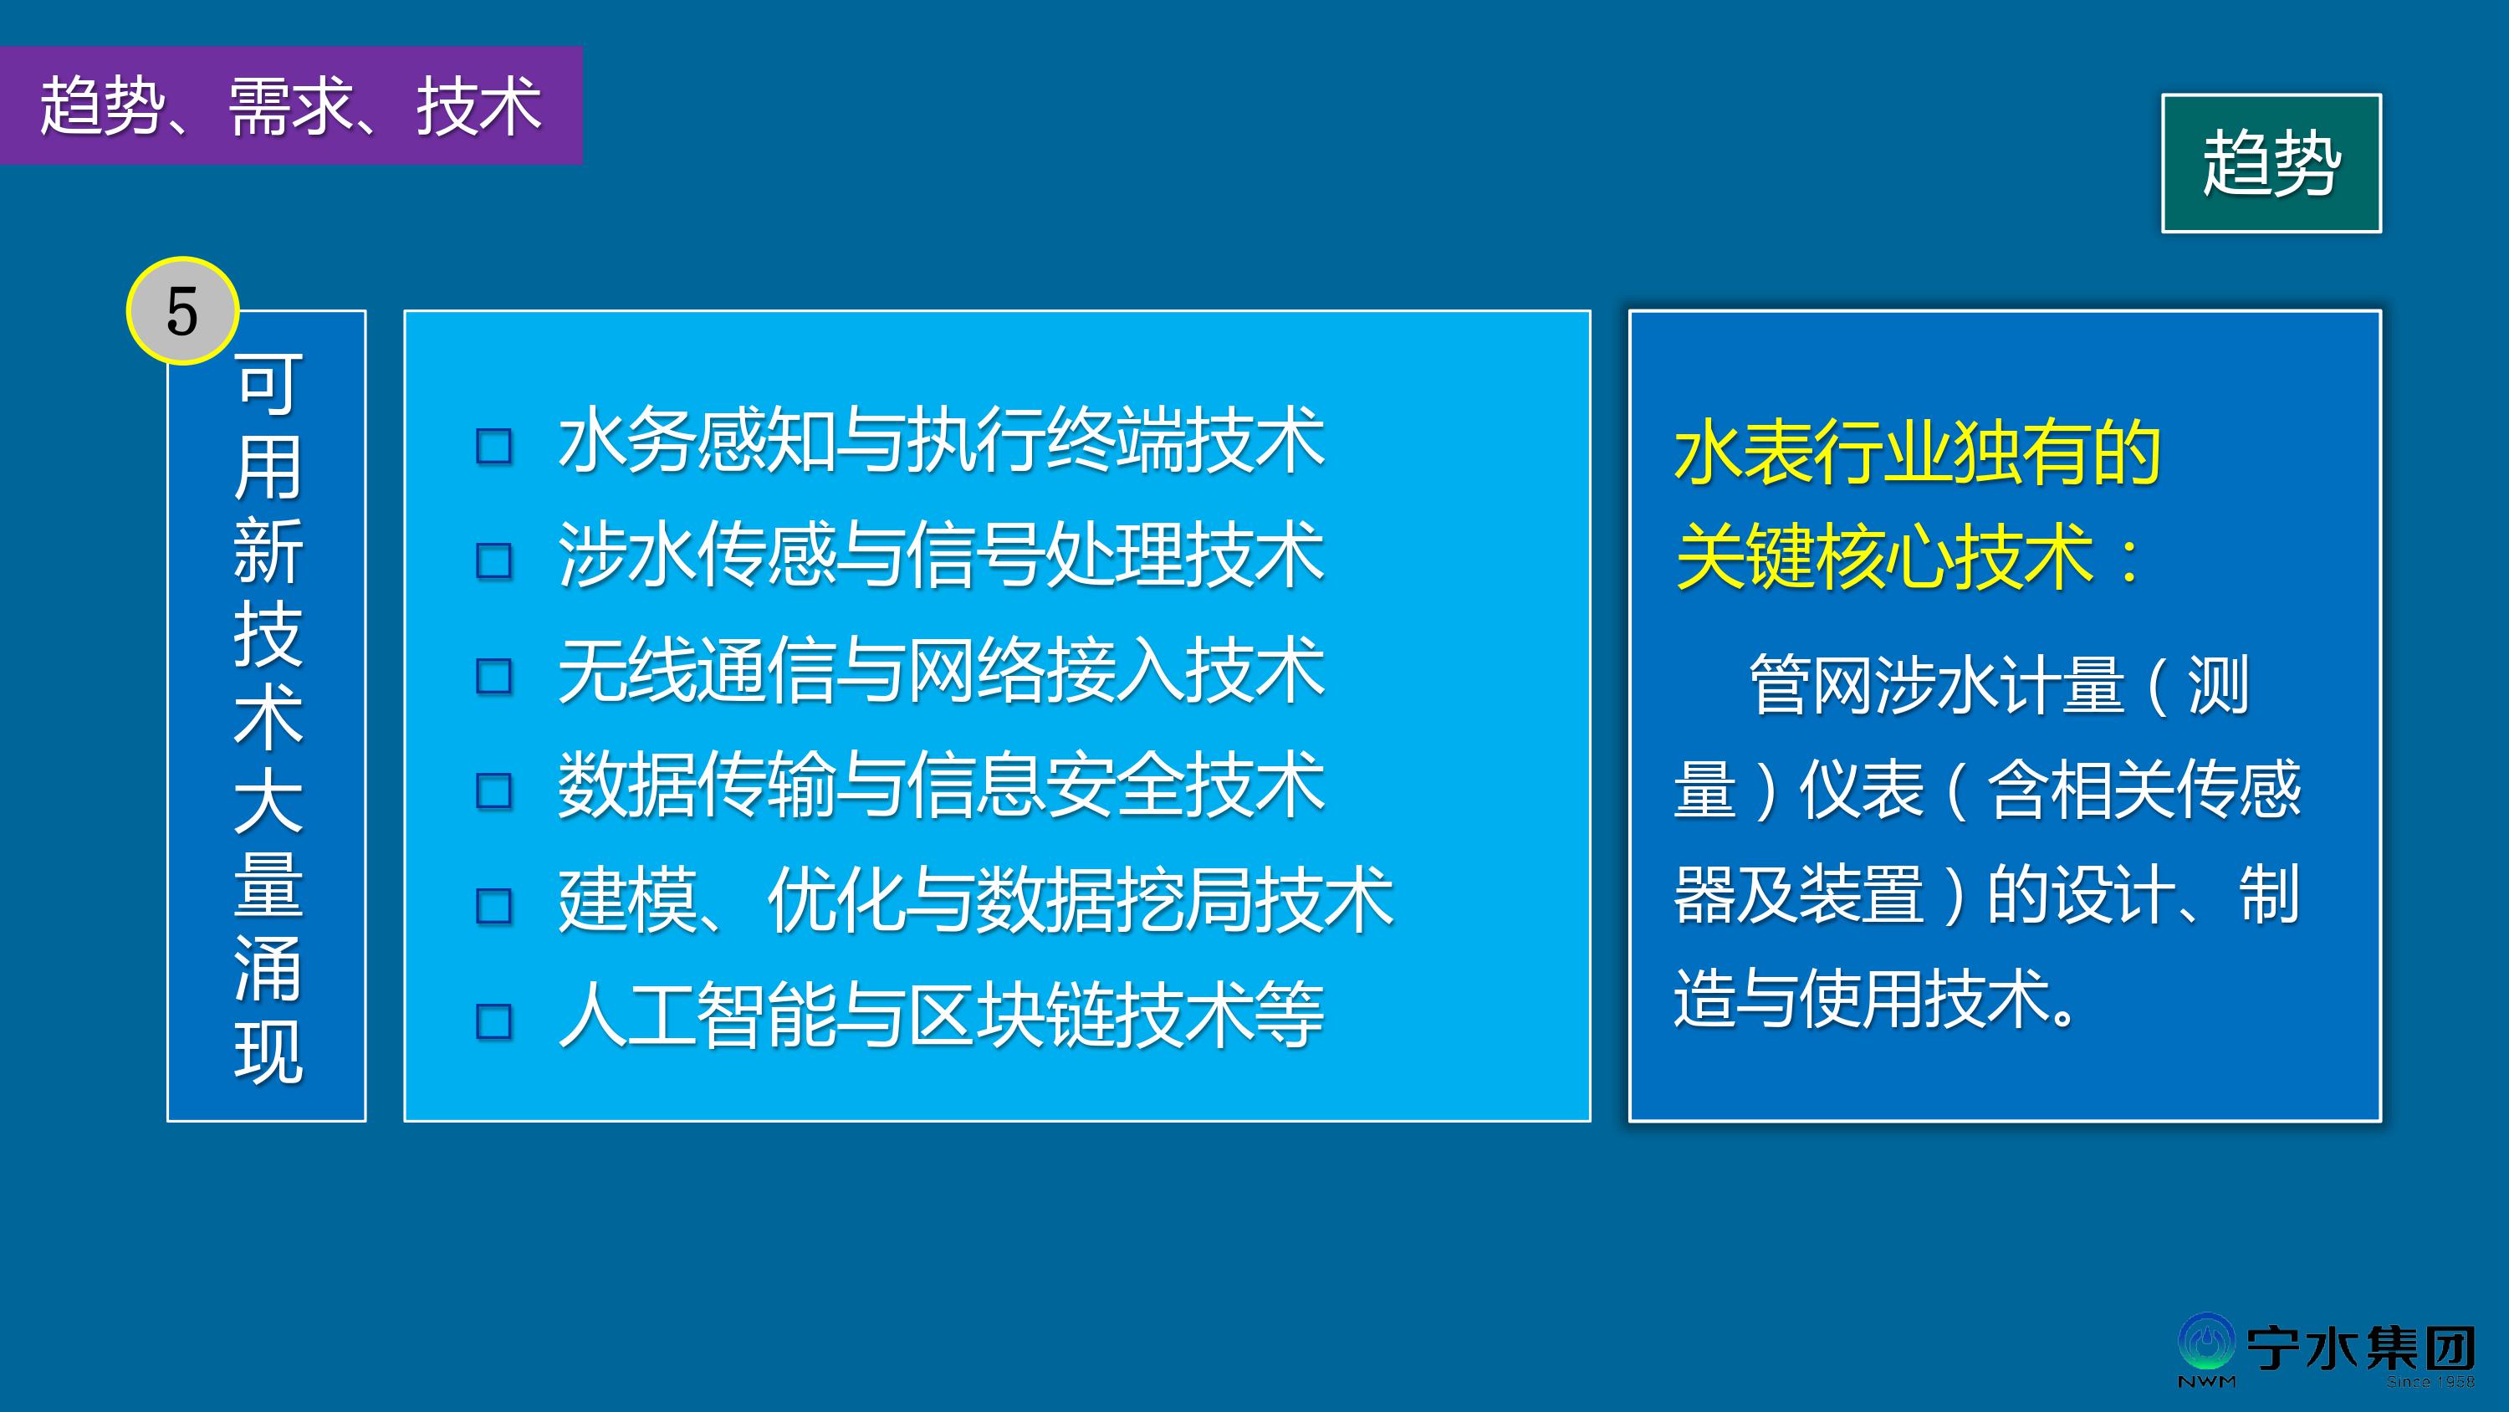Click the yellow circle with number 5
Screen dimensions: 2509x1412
point(182,311)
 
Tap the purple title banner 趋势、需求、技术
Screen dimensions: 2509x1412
point(291,105)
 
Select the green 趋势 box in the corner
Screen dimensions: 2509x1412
point(2271,164)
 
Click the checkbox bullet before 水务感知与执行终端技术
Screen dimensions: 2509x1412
point(493,447)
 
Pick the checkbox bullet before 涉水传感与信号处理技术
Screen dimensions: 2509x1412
point(493,561)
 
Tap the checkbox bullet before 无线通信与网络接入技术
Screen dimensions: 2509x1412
point(493,676)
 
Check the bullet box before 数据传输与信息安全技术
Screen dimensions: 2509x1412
point(493,791)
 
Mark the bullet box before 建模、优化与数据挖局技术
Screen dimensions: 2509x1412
point(493,906)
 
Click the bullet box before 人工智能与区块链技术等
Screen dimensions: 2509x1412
point(493,1021)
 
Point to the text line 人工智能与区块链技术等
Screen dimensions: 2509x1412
point(941,1016)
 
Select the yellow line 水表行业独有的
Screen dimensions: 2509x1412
point(1918,453)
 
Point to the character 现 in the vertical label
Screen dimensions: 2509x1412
point(268,1052)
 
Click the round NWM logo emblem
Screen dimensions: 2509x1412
point(2207,1345)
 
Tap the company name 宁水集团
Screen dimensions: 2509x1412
point(2361,1348)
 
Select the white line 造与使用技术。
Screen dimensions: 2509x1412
point(1875,999)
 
